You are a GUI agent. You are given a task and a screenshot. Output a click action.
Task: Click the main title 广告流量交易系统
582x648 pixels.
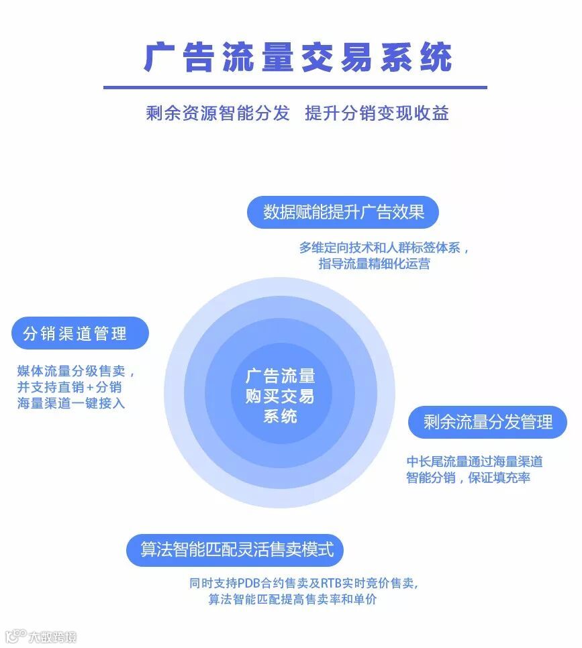(x=297, y=58)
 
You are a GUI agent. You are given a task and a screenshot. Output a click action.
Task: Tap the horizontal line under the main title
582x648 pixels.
(x=295, y=87)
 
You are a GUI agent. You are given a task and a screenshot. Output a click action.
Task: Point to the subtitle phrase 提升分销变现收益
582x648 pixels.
(x=377, y=113)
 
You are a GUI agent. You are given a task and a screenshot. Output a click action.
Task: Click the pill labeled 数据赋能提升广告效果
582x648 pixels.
(x=344, y=212)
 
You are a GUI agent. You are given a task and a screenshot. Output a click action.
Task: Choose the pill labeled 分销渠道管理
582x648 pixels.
(x=79, y=333)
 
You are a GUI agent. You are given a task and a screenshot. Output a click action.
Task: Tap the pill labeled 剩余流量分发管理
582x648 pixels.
(x=488, y=422)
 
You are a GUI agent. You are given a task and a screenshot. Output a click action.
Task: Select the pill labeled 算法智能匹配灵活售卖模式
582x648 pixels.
(x=236, y=550)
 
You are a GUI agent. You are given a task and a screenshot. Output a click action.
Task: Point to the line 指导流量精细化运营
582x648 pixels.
(x=374, y=264)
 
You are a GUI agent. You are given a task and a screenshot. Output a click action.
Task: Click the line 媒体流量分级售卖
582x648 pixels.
(x=76, y=371)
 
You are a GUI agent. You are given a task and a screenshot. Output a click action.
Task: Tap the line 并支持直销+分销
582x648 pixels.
(x=70, y=387)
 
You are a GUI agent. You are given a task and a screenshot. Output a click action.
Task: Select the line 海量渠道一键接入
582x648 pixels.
(x=71, y=403)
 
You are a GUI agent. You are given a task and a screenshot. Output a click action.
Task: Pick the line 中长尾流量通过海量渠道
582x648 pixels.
(x=475, y=462)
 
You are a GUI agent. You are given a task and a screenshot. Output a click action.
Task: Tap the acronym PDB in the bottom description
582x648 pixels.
(x=250, y=583)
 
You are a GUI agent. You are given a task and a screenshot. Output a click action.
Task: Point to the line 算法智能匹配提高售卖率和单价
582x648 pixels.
(x=292, y=599)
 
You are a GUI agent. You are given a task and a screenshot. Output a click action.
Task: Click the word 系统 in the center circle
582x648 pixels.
(x=281, y=416)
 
